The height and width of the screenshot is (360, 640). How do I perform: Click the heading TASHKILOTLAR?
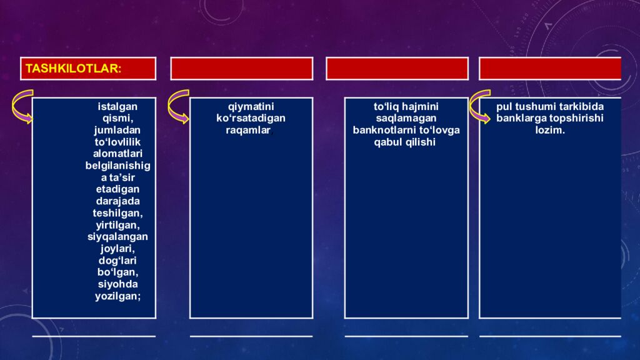pos(73,69)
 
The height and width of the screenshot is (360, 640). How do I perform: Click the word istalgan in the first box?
pos(117,106)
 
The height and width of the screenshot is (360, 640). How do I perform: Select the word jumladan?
pos(117,130)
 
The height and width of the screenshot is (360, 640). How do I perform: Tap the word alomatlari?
pos(117,154)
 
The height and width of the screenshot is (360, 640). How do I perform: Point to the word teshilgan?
pos(117,213)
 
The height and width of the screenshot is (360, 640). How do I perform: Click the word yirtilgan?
pos(117,225)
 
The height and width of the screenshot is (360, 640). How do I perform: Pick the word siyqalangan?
pos(117,237)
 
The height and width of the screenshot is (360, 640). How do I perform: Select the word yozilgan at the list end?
pos(117,296)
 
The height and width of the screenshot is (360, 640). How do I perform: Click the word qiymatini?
pos(251,106)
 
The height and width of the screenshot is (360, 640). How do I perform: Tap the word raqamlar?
pos(249,130)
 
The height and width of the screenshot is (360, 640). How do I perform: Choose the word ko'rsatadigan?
pos(251,118)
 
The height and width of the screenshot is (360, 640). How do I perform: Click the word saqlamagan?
pos(406,118)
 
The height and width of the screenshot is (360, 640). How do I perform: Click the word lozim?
pos(550,130)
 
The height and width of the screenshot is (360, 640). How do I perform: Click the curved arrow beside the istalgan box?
pos(22,107)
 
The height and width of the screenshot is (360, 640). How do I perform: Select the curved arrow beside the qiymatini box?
pos(178,107)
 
